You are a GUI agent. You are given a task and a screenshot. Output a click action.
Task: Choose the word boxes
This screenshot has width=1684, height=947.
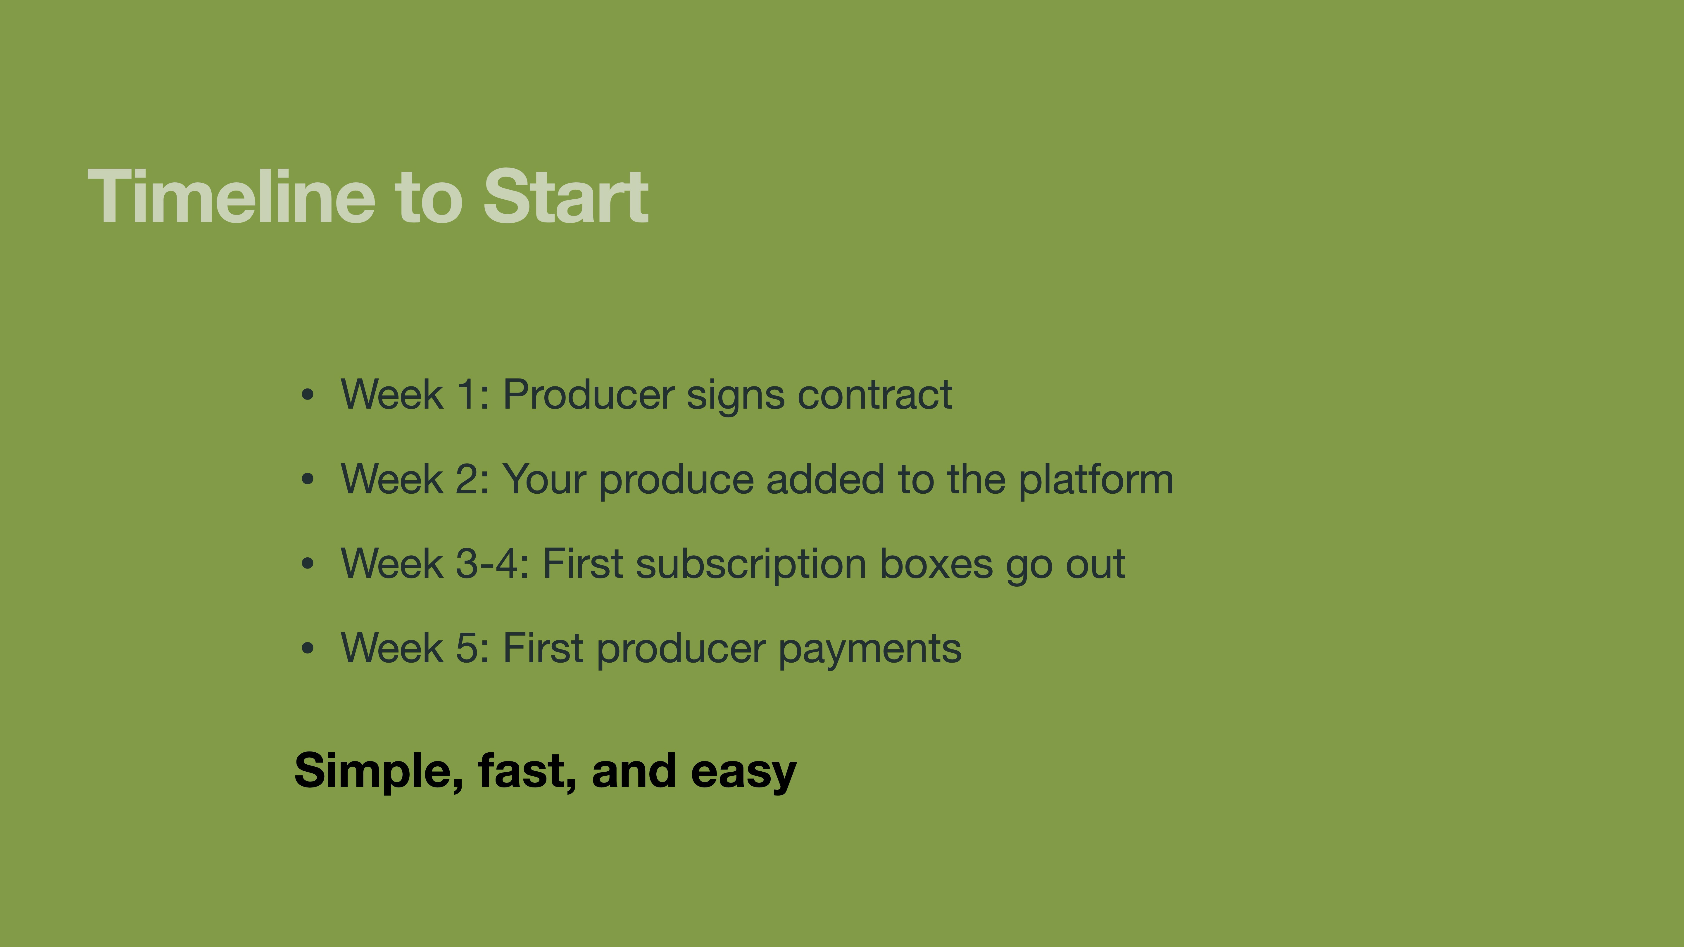[936, 564]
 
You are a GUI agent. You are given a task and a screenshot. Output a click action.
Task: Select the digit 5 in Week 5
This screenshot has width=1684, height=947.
[467, 648]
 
